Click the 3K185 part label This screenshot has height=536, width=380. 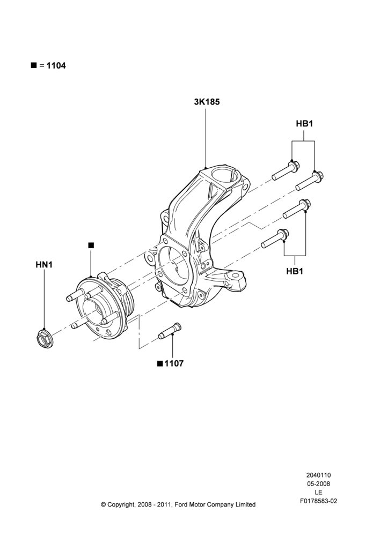click(x=207, y=102)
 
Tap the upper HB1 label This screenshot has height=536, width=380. click(x=304, y=124)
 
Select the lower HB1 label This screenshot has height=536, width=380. click(x=295, y=271)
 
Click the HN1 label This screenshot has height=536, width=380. click(x=44, y=265)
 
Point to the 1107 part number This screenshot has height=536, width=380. click(x=174, y=363)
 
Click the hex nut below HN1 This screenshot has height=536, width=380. click(x=44, y=338)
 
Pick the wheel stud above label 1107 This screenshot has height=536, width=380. click(x=170, y=331)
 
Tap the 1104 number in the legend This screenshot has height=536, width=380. click(x=56, y=65)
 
